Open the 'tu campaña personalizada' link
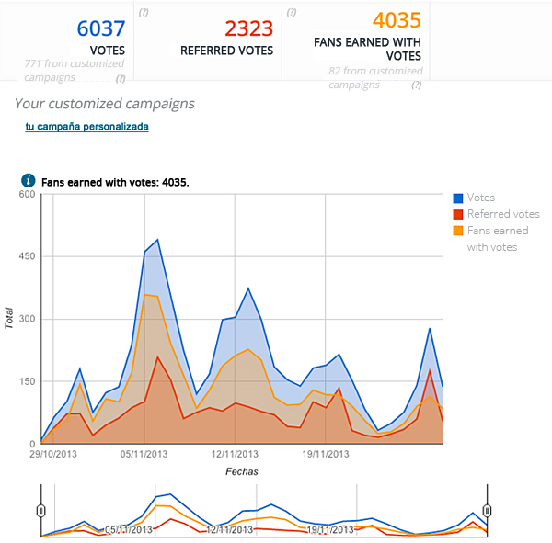pos(86,127)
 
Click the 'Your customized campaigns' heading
pos(104,103)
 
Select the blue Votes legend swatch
pos(458,198)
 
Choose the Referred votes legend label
pos(502,214)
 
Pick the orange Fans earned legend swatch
pos(458,231)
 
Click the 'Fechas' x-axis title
pos(241,471)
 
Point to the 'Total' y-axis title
pos(9,319)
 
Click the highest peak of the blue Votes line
pos(158,240)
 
